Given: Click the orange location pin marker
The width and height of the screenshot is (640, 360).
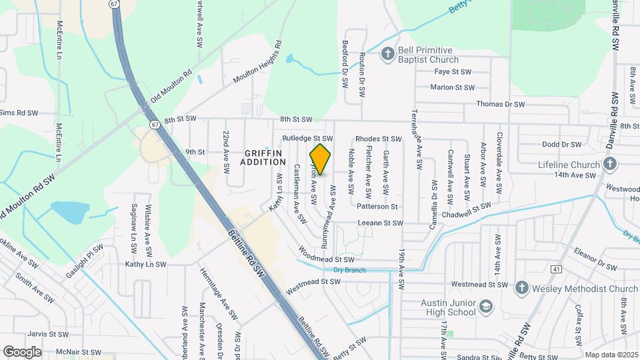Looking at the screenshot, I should pyautogui.click(x=320, y=160).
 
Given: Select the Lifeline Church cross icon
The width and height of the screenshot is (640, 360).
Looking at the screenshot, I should pyautogui.click(x=609, y=164).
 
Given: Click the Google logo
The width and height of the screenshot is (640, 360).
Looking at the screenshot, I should pyautogui.click(x=22, y=351).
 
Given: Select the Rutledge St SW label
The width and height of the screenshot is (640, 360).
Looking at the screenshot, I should pyautogui.click(x=307, y=138).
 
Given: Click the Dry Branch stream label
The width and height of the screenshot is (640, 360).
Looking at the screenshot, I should pyautogui.click(x=345, y=270).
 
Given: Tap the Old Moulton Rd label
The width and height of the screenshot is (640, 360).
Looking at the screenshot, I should pyautogui.click(x=171, y=85).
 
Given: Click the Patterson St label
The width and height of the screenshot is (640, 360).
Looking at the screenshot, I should pyautogui.click(x=377, y=207).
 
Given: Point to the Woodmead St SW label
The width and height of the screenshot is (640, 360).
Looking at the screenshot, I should pyautogui.click(x=327, y=259).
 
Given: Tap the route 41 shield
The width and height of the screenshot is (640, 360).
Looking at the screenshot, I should pyautogui.click(x=556, y=269).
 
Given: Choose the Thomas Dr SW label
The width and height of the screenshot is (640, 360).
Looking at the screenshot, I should pyautogui.click(x=501, y=104).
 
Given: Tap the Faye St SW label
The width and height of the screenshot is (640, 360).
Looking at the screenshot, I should pyautogui.click(x=453, y=71).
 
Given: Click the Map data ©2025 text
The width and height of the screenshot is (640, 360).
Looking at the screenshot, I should pyautogui.click(x=611, y=355).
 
